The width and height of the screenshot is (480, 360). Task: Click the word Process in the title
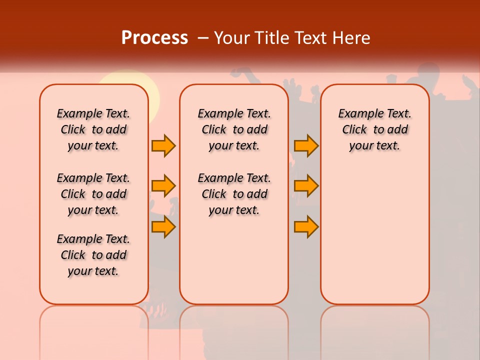(x=154, y=38)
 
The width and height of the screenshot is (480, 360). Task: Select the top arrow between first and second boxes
(x=163, y=145)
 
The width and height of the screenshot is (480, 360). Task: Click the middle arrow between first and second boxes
(x=163, y=186)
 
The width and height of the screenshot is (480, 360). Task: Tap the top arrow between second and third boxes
(x=306, y=145)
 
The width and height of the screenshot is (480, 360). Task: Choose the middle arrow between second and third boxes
(x=306, y=186)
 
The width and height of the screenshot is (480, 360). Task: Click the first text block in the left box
(x=93, y=129)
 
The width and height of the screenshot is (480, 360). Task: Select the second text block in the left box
(x=93, y=194)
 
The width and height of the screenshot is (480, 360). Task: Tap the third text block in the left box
(x=93, y=255)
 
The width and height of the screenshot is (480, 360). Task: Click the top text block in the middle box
(x=234, y=129)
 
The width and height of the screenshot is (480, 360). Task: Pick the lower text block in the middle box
(x=234, y=194)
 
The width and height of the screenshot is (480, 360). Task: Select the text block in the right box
(x=375, y=129)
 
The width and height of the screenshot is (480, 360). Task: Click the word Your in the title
(x=232, y=38)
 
